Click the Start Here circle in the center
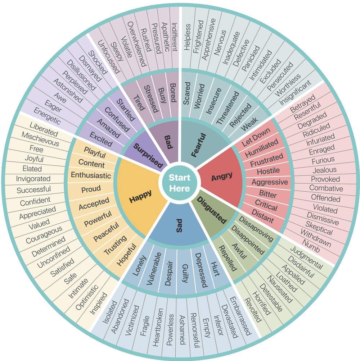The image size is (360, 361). pos(179,183)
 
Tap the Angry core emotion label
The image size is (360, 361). pos(222,177)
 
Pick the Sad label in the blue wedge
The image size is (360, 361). pos(180,225)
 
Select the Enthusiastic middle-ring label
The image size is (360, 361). pos(91,175)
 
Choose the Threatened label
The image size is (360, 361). pos(228,108)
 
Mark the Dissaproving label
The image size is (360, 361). pos(256,229)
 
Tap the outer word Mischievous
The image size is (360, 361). pos(40,140)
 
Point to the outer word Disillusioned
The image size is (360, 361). pos(81,75)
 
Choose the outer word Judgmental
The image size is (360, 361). pos(306,257)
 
